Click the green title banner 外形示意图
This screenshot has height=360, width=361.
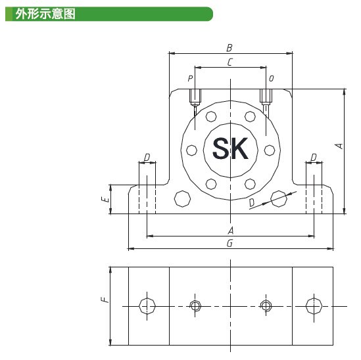[109, 14]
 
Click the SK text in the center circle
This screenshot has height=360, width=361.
[230, 148]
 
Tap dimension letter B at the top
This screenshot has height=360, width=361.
[229, 48]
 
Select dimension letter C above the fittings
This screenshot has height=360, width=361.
[230, 62]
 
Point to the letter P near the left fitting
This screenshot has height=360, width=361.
[190, 78]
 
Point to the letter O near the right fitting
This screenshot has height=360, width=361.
[272, 78]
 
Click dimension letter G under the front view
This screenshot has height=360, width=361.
[229, 243]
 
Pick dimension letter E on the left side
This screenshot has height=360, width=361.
[105, 199]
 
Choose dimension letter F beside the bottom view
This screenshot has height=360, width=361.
[105, 300]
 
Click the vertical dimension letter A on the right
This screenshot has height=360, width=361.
[339, 146]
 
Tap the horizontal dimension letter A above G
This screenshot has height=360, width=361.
[231, 231]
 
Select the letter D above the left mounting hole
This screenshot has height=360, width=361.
[147, 158]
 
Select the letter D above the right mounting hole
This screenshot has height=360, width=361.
[314, 158]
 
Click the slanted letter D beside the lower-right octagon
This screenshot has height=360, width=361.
[252, 202]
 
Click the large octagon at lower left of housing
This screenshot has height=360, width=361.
[182, 199]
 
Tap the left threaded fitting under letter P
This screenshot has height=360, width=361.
[195, 97]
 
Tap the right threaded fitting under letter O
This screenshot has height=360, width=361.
[266, 97]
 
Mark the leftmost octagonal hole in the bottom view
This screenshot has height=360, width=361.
[147, 306]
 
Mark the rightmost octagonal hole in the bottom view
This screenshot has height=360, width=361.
[314, 306]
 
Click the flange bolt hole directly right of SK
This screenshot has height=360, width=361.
[270, 150]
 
